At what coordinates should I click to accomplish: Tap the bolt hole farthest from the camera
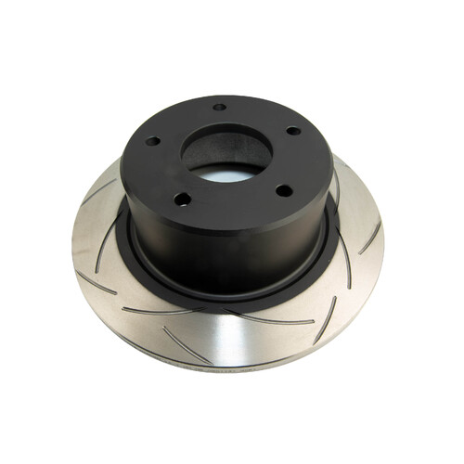click(x=219, y=107)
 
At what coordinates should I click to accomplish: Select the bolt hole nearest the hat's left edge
click(x=151, y=142)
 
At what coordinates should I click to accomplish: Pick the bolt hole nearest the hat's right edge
click(x=293, y=131)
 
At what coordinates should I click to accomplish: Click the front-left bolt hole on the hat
click(x=183, y=198)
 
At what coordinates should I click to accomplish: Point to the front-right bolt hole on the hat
click(x=284, y=190)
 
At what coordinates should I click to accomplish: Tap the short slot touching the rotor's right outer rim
click(x=370, y=237)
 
